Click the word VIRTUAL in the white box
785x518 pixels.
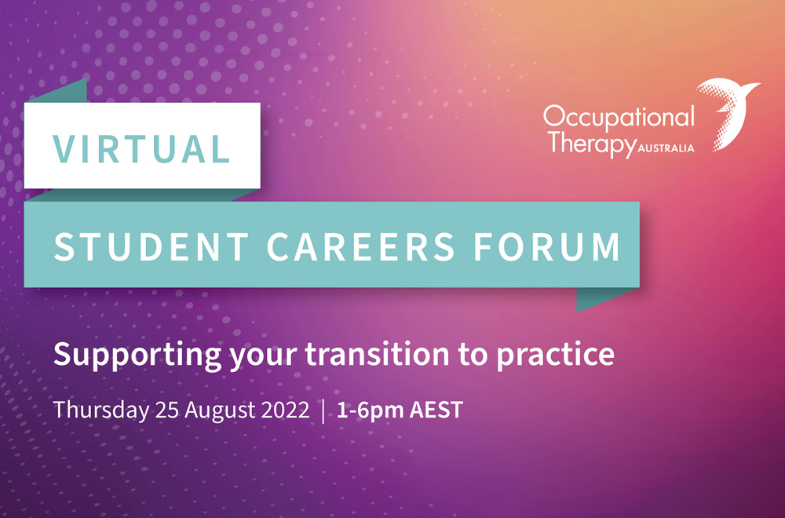click(141, 148)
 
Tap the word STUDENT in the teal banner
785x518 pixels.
click(152, 246)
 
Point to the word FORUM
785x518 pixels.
click(547, 246)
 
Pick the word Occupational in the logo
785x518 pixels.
click(619, 119)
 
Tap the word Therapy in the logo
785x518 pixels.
click(592, 144)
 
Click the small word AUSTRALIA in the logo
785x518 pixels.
click(666, 148)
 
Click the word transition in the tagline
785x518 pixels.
click(378, 354)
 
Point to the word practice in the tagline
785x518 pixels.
click(555, 356)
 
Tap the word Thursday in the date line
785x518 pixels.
click(101, 410)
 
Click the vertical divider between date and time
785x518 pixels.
click(323, 410)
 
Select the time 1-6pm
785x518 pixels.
click(370, 411)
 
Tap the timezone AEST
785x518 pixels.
click(436, 410)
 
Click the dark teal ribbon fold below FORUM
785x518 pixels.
click(601, 299)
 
